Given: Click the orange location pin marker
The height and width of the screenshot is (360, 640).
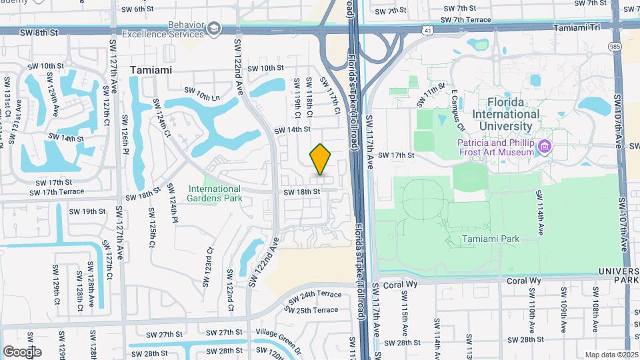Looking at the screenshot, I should [321, 159].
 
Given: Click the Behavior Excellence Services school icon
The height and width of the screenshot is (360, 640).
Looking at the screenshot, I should [213, 27].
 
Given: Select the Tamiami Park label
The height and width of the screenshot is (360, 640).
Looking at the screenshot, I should [490, 238].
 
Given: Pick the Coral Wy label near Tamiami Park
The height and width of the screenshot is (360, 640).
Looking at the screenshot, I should [523, 281].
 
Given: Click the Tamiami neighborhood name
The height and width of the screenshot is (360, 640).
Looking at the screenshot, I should [151, 70].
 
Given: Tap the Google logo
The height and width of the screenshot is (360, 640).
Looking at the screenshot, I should [22, 351].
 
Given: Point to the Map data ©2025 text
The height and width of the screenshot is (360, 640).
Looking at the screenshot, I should [611, 355].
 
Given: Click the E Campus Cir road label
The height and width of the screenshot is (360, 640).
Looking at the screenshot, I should [457, 107].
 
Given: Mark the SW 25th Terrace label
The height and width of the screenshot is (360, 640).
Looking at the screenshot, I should [313, 310].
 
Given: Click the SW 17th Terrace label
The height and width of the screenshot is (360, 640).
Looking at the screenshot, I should [57, 192].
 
